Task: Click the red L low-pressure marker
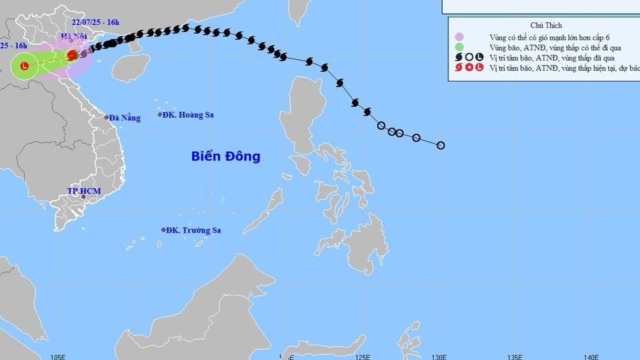25,65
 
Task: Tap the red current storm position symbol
72,55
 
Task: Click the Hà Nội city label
73,37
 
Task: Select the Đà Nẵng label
125,118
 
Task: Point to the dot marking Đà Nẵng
107,117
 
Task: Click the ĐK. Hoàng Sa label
188,115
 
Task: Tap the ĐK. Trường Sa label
193,230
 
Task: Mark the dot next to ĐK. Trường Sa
163,230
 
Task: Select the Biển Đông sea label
226,156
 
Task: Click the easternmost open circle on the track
441,146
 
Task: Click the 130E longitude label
438,356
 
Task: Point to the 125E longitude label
362,356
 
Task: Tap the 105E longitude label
58,356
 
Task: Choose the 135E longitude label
515,356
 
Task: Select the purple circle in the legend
459,37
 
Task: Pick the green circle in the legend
459,46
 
